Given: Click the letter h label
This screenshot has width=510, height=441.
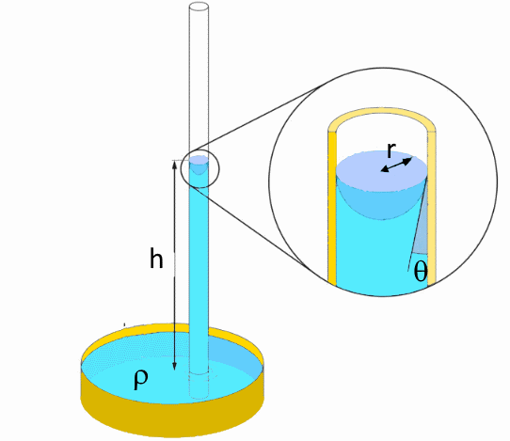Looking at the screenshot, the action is pyautogui.click(x=156, y=258).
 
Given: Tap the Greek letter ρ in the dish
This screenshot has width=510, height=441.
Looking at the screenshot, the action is pyautogui.click(x=141, y=379).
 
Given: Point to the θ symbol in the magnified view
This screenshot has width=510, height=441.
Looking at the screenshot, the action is pyautogui.click(x=421, y=271).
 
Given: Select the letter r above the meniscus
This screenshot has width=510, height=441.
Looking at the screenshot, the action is pyautogui.click(x=391, y=150).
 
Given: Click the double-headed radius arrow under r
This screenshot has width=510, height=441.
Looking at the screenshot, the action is pyautogui.click(x=397, y=165).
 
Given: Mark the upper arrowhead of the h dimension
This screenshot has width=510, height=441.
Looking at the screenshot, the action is pyautogui.click(x=175, y=164).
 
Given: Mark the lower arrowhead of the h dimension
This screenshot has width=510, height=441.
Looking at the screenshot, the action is pyautogui.click(x=175, y=367).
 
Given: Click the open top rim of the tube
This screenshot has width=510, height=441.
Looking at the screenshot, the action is pyautogui.click(x=199, y=7).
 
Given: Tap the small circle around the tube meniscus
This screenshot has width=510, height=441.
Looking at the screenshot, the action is pyautogui.click(x=199, y=150).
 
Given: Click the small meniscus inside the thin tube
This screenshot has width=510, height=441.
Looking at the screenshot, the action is pyautogui.click(x=199, y=164).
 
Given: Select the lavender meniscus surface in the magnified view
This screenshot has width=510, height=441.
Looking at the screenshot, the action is pyautogui.click(x=381, y=170).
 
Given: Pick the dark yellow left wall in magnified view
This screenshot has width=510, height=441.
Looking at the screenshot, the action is pyautogui.click(x=332, y=208).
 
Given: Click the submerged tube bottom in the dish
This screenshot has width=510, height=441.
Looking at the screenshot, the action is pyautogui.click(x=199, y=386).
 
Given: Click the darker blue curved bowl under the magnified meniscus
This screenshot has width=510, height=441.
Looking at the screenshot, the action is pyautogui.click(x=381, y=206).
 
